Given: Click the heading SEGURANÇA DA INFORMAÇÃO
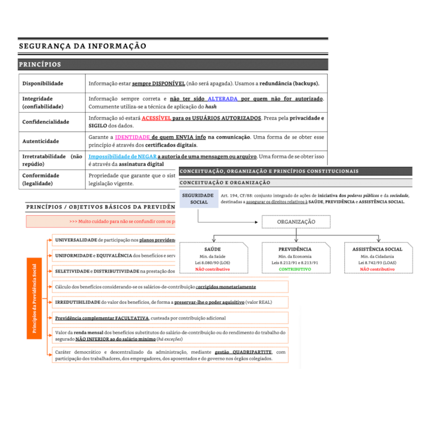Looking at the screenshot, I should pos(82,46).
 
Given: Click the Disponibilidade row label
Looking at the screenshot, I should pos(43,84).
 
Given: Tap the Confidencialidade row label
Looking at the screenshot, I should pos(45,122).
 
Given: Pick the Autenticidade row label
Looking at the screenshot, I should pos(40,141).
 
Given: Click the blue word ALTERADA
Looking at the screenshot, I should pos(223,98).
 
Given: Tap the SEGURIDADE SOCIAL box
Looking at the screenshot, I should pos(198,198).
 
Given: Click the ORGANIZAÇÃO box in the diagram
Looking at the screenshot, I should pos(296,222).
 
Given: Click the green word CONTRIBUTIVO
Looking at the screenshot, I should pos(295,269).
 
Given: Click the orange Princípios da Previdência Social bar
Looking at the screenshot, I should pos(34,299).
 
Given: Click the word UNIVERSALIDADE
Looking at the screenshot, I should pos(76,240).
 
